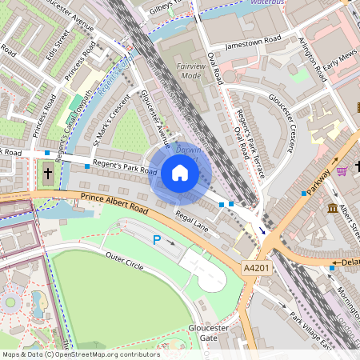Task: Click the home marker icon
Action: pos(180,173)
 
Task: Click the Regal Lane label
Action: pos(193,219)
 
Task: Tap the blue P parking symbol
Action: pos(158,239)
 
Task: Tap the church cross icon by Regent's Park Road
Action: pos(47,173)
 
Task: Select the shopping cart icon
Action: pos(342,170)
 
